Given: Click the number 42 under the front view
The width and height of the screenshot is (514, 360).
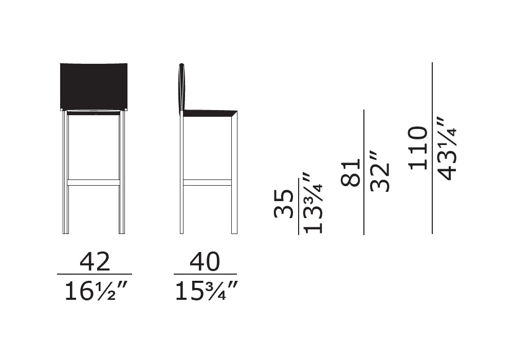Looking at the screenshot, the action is tap(95, 262).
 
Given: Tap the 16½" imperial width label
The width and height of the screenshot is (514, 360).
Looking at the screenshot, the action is tap(95, 291).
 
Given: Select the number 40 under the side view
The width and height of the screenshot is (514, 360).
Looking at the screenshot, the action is tap(205, 262).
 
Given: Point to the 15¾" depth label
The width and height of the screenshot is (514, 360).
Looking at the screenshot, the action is tap(206, 291).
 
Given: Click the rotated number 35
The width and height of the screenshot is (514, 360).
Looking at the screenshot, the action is tap(284, 203).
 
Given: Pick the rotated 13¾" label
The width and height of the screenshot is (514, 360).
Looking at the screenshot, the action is tap(314, 203).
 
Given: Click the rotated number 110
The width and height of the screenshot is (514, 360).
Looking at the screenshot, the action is tap(418, 148).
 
